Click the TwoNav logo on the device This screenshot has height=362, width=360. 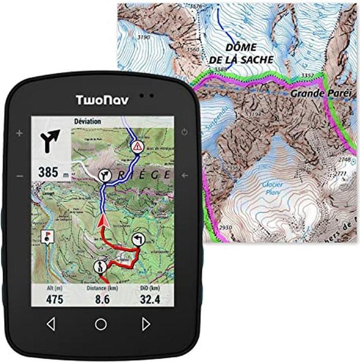102,100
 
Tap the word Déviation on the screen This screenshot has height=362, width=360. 87,121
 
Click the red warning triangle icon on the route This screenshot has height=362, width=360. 136,147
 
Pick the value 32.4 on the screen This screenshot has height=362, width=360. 150,300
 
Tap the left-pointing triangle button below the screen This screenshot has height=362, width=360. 50,324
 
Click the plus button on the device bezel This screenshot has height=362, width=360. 20,133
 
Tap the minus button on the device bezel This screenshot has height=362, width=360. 20,176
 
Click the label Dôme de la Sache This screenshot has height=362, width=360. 241,53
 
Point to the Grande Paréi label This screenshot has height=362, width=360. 318,94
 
